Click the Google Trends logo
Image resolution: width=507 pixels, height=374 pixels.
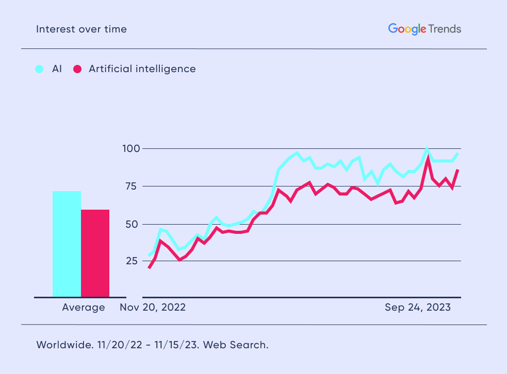pos(424,29)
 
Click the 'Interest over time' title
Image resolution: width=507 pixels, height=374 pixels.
pos(81,29)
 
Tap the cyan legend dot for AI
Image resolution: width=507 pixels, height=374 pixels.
pos(39,69)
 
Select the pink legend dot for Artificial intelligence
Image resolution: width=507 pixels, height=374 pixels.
pos(77,69)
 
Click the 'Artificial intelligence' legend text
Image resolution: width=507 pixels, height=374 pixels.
pos(142,69)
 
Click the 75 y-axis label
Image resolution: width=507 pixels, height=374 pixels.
pos(132,186)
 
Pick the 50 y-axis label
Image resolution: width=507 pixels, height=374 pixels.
pos(132,224)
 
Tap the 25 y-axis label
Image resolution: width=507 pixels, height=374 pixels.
pos(132,261)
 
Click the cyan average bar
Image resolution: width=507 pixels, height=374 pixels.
pos(67,244)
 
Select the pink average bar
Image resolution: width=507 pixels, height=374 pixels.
pos(95,253)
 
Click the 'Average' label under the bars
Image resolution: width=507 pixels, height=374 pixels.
pos(84,308)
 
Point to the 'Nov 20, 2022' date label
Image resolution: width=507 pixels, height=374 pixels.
pos(153,308)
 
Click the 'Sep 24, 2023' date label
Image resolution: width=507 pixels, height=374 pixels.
pos(418,308)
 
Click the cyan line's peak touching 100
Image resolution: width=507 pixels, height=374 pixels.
pos(427,149)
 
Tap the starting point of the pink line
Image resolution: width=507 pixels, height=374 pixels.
pos(149,268)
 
